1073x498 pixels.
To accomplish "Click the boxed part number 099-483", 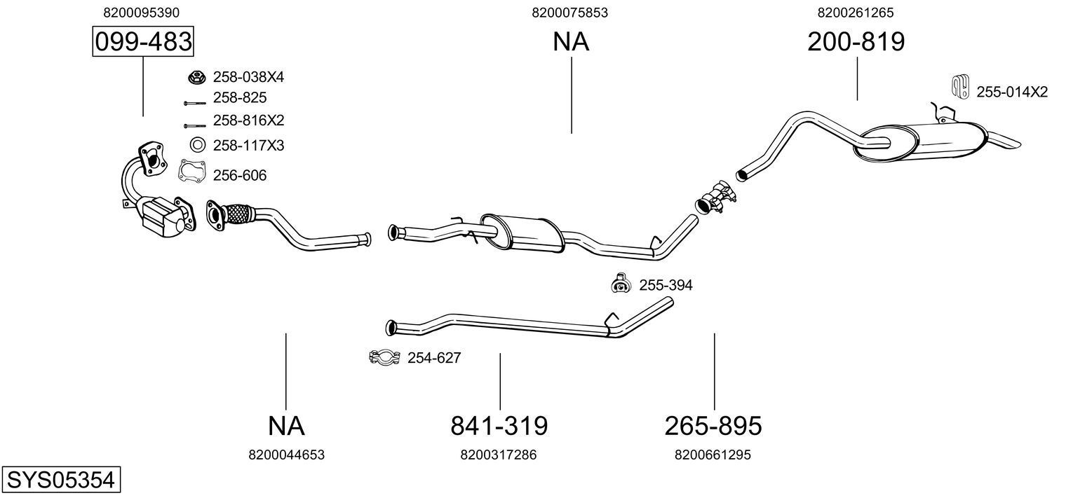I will pos(143,42).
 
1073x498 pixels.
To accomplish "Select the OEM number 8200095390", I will pos(141,13).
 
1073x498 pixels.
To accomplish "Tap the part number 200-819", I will pos(856,42).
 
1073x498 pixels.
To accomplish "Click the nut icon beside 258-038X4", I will pos(196,76).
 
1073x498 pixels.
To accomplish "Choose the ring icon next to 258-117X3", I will pos(198,145).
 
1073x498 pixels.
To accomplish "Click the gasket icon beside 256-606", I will pos(191,171).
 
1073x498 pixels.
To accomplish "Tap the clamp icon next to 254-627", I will pos(384,357).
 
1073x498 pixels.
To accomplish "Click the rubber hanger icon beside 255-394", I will pos(620,283).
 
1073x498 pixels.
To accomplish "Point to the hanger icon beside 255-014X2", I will pos(959,86).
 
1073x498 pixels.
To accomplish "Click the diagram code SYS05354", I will pos(60,480).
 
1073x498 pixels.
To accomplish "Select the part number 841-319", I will pos(499,425).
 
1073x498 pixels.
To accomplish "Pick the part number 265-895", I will pos(713,425).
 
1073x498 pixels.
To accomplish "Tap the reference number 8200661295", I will pos(713,455).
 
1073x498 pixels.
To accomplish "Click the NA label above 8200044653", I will pos(286,425).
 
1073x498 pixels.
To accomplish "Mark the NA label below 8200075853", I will pos(571,42).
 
